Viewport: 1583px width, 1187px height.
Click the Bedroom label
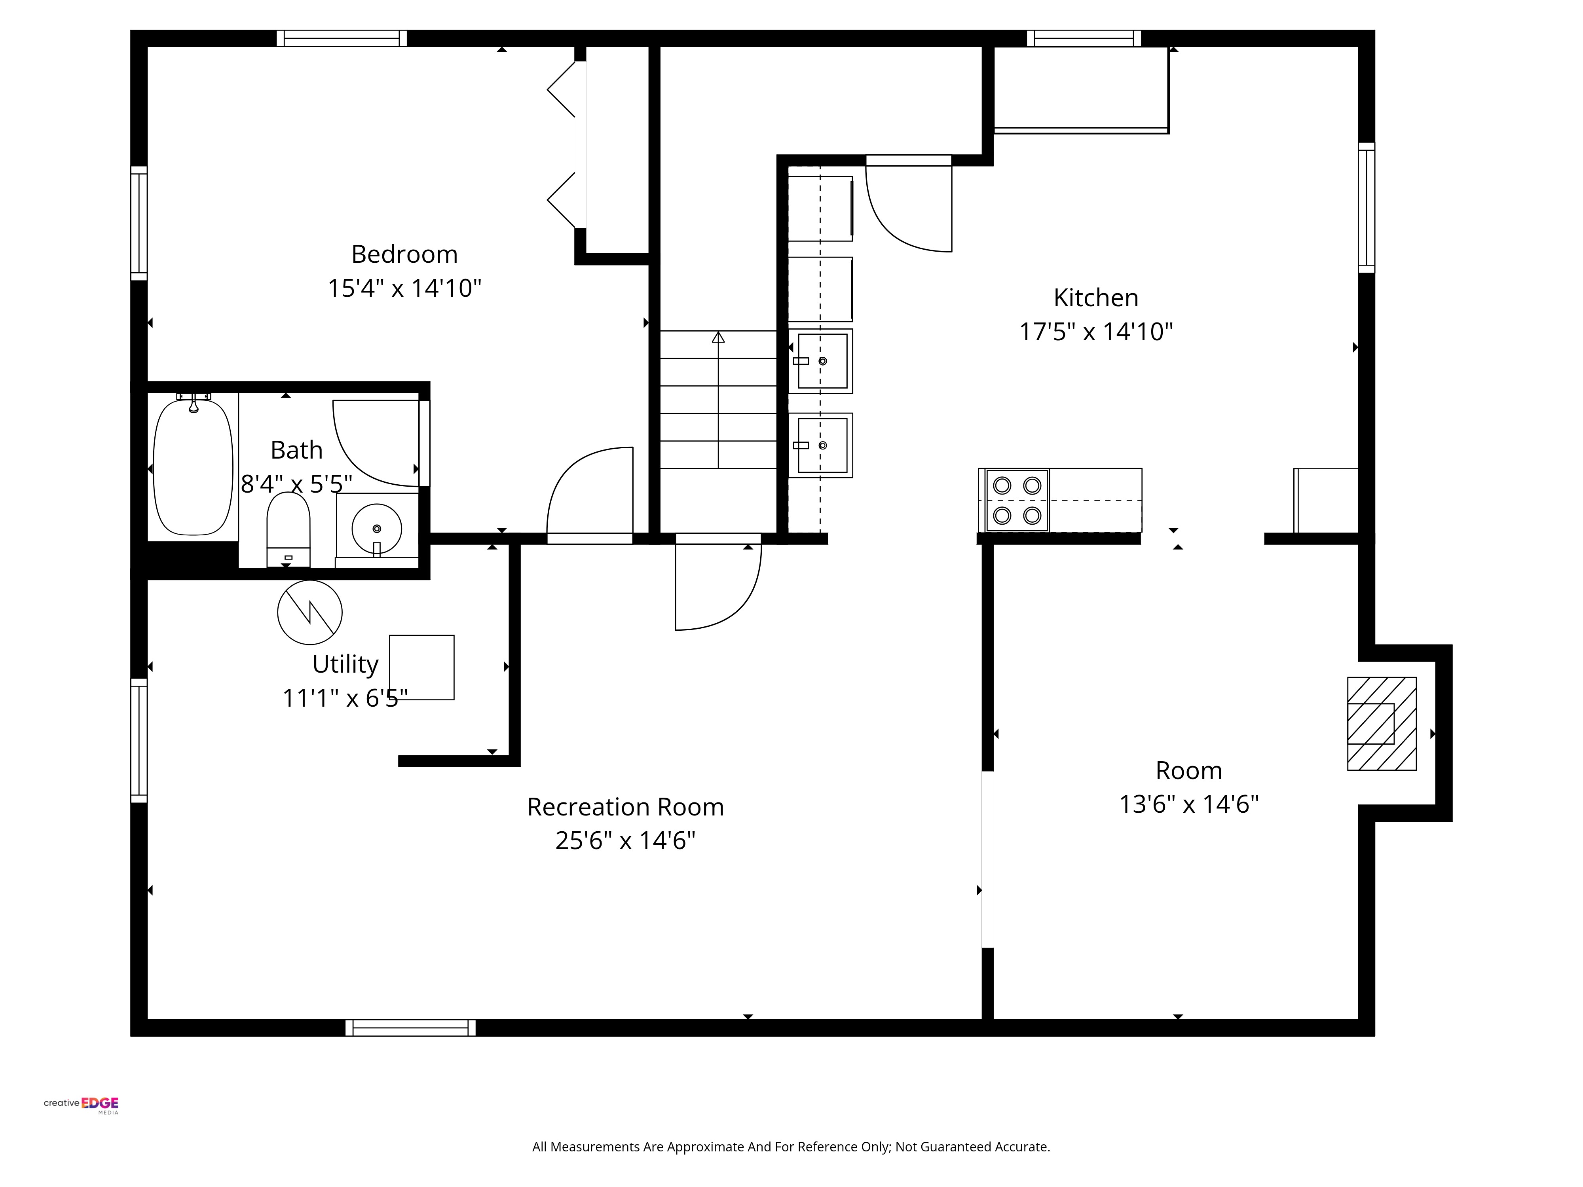point(404,254)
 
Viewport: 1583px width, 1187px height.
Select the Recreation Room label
point(625,807)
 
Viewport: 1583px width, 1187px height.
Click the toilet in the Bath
point(289,529)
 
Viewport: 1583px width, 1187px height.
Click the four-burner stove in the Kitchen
point(1017,500)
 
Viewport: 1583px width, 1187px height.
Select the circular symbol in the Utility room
point(310,612)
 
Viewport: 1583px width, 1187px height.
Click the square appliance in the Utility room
point(421,667)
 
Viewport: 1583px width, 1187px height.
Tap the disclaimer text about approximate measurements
point(791,1146)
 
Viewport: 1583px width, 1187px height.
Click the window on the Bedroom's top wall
point(342,38)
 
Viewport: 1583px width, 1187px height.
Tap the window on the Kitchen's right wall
point(1366,207)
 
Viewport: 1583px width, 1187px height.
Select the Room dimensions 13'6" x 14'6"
point(1189,804)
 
